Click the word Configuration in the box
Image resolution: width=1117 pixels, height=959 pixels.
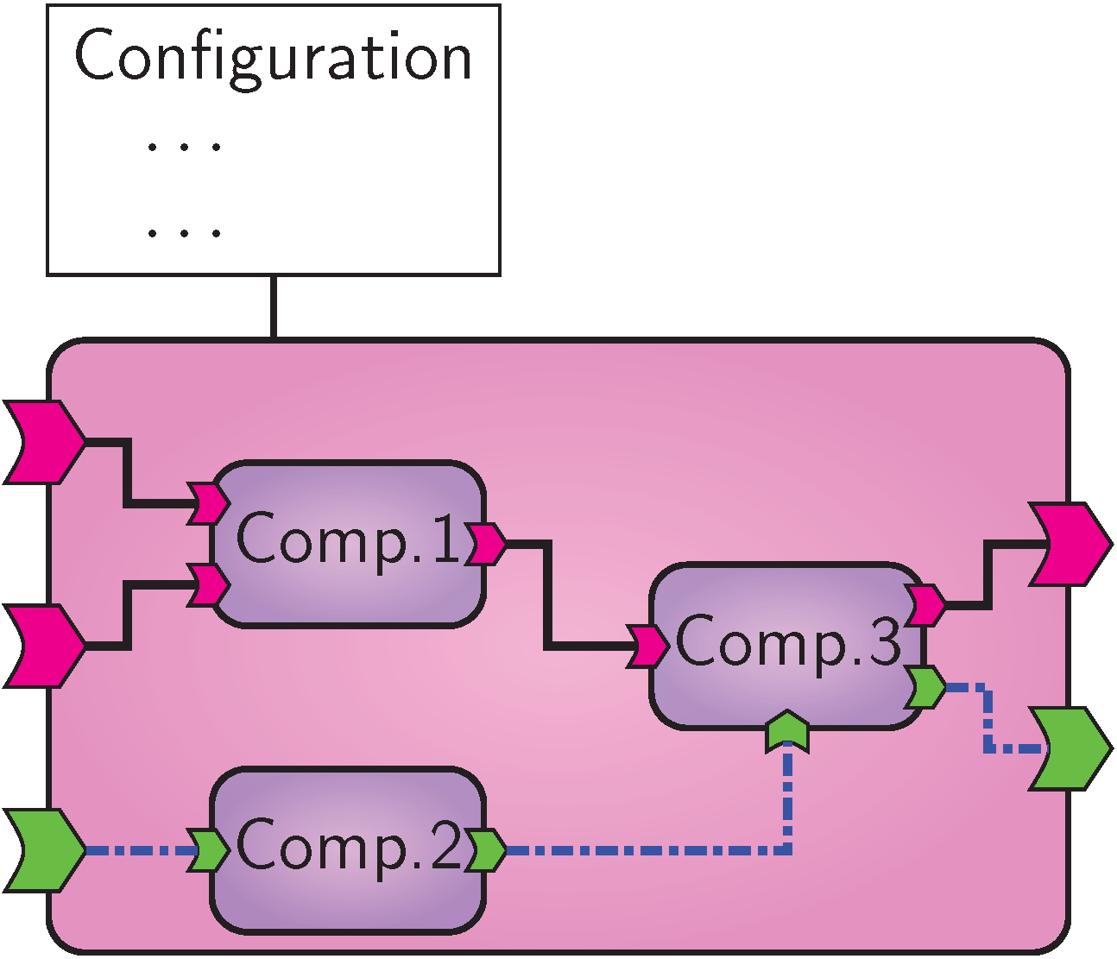(273, 56)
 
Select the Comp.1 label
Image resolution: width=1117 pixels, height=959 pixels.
(349, 539)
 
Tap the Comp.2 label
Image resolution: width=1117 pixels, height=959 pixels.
(349, 846)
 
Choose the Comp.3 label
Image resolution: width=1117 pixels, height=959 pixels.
(787, 641)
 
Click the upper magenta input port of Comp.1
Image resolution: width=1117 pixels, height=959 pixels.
(208, 502)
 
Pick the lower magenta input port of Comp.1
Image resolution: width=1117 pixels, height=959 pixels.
(208, 585)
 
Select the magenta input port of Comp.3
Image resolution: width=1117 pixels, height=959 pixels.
(647, 647)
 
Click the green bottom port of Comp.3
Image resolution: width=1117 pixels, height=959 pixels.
(787, 731)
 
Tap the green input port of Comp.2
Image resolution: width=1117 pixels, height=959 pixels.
(208, 851)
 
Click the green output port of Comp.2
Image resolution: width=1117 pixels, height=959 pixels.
(486, 850)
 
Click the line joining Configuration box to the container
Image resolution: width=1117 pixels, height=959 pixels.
(274, 307)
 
